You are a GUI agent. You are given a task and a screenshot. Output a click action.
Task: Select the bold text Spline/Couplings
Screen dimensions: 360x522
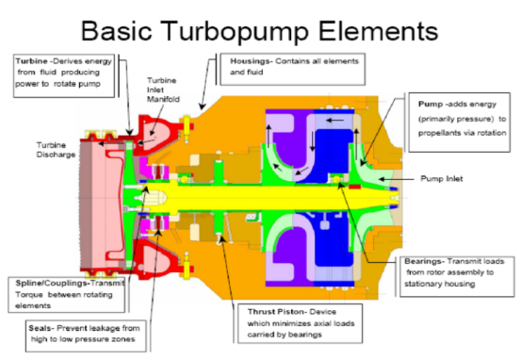point(54,281)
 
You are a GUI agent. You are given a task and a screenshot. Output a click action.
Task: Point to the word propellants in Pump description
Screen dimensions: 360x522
point(407,134)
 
